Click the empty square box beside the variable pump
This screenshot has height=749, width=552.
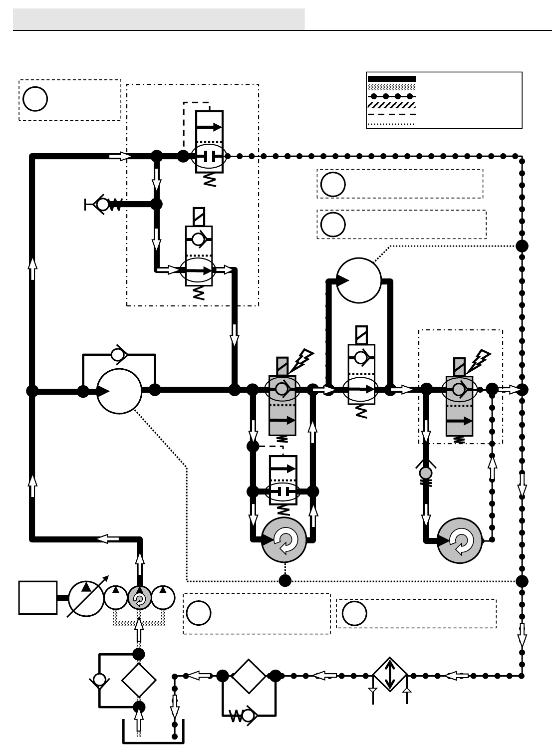[38, 597]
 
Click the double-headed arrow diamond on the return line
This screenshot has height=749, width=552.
[390, 675]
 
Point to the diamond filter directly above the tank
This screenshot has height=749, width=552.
[139, 680]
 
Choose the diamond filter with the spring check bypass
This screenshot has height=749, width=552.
[249, 676]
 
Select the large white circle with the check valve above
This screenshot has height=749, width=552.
[119, 391]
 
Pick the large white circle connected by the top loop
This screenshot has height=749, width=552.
[359, 280]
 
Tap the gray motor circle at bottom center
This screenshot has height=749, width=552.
[284, 540]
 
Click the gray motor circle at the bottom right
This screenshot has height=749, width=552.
[460, 540]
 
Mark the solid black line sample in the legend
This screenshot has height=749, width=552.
[391, 79]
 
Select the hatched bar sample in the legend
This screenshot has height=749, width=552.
[391, 105]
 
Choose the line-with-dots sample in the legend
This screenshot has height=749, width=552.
[391, 96]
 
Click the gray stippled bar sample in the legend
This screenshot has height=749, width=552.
[391, 87]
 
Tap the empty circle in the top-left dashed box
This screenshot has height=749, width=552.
[35, 99]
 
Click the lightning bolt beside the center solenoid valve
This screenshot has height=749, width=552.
[304, 359]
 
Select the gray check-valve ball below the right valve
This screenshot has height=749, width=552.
[426, 472]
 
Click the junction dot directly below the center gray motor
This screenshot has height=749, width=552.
[285, 580]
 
